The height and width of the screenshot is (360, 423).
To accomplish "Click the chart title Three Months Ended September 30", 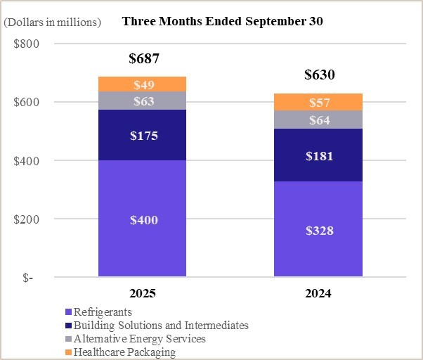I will [223, 21].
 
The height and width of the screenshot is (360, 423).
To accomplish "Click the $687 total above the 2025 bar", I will [143, 59].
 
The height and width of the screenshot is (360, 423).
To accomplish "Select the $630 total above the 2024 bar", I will [319, 75].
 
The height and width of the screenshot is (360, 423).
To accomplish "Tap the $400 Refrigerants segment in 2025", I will [143, 219].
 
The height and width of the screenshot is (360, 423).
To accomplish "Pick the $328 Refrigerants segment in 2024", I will [319, 230].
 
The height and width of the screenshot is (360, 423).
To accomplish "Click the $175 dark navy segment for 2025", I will [143, 135].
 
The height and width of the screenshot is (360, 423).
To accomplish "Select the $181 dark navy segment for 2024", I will [319, 155].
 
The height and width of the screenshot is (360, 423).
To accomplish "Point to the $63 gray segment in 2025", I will [143, 101].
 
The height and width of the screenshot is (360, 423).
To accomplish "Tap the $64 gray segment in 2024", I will [319, 120].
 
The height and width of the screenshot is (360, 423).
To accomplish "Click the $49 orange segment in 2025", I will [143, 84].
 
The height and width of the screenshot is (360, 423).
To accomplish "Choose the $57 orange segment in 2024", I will [319, 103].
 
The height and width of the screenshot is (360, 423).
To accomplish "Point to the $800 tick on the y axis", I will [27, 44].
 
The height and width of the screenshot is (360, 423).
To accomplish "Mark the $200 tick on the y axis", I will [27, 219].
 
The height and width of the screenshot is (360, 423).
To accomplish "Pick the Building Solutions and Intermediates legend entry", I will [156, 325].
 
